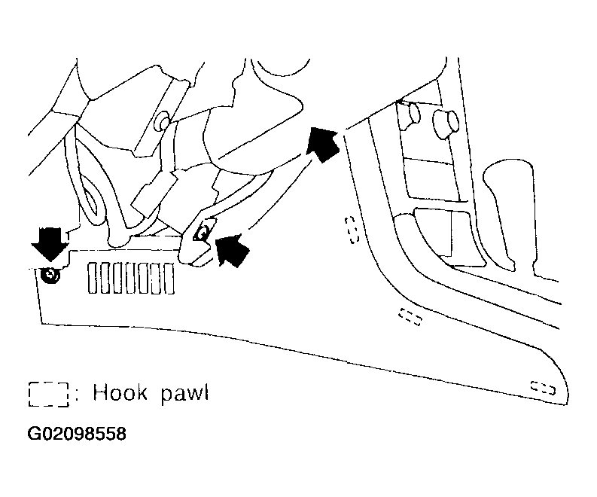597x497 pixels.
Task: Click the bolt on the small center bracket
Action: (202, 234)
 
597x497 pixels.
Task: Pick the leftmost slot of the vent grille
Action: (92, 277)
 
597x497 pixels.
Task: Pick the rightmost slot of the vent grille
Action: (169, 277)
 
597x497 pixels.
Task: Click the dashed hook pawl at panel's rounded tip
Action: (543, 388)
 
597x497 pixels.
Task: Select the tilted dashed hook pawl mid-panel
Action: (410, 316)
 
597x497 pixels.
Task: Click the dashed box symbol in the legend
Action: (48, 394)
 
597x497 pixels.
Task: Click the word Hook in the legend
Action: (120, 393)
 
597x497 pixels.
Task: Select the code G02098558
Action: (77, 434)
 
